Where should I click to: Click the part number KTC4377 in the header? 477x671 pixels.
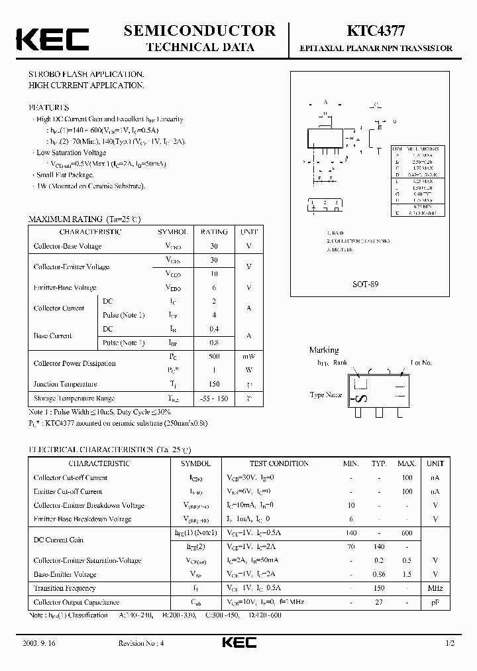(371, 30)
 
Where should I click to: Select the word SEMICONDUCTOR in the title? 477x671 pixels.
(200, 30)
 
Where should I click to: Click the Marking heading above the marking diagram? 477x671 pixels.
(324, 350)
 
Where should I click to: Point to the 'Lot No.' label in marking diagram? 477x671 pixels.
(421, 363)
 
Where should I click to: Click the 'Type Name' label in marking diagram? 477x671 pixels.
(326, 395)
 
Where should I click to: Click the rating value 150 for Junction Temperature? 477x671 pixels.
(214, 385)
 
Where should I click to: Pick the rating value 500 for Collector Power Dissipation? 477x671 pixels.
(214, 356)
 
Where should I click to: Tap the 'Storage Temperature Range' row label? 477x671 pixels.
(74, 398)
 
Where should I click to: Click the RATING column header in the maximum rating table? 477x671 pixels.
(214, 232)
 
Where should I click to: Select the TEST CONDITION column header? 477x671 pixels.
(278, 463)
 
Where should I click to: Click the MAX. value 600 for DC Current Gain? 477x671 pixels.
(407, 533)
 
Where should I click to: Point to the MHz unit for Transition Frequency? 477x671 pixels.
(435, 588)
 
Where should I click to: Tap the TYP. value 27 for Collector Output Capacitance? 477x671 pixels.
(378, 602)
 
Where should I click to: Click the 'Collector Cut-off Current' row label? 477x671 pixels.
(70, 477)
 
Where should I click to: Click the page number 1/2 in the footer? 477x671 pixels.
(450, 644)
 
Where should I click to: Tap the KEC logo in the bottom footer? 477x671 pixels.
(238, 643)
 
